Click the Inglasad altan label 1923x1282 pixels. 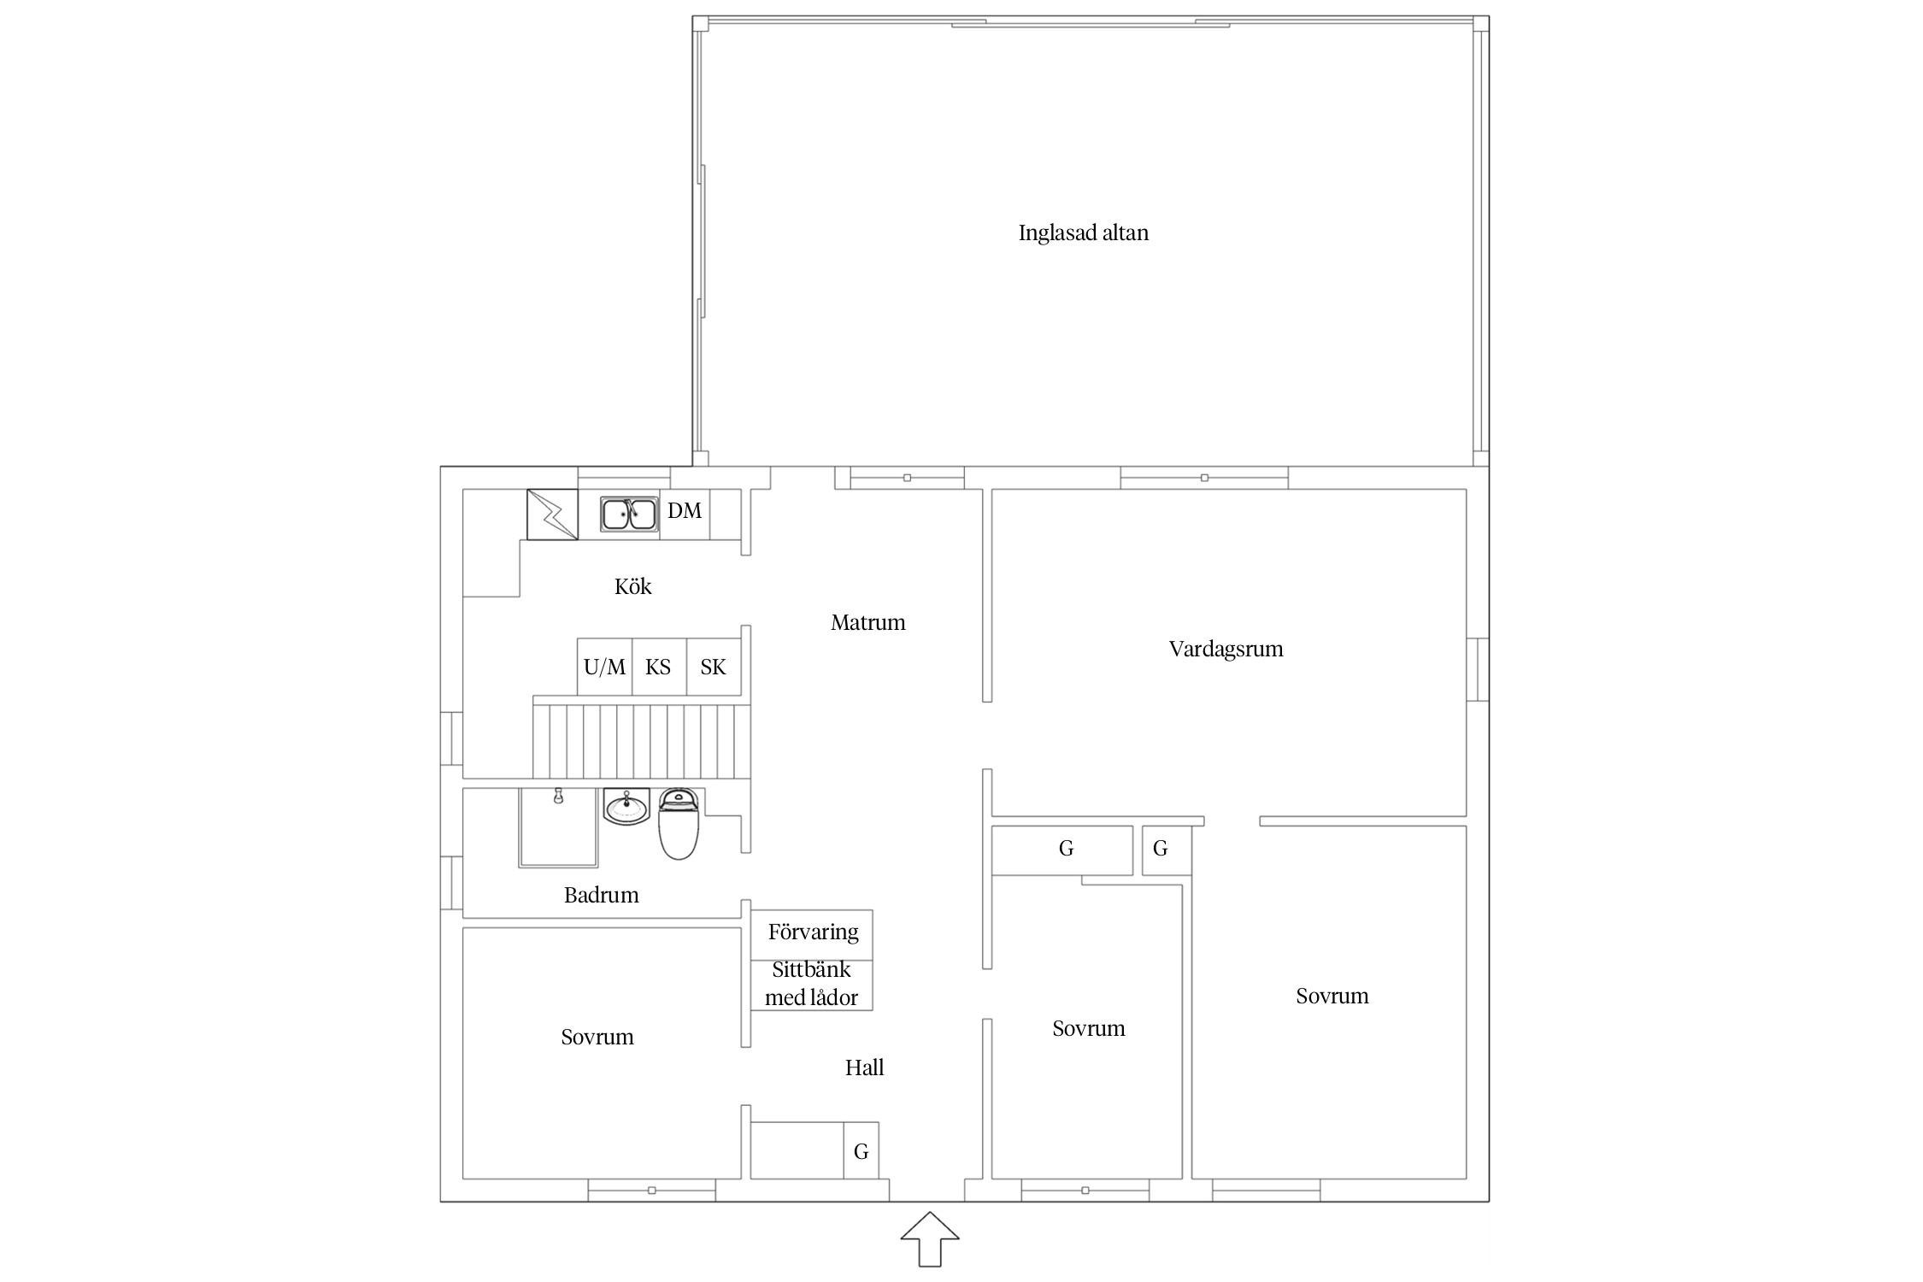click(x=1083, y=233)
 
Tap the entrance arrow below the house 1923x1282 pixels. click(x=930, y=1238)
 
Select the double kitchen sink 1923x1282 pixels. click(x=629, y=515)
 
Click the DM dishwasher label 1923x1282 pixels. click(x=685, y=511)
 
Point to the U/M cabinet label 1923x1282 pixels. click(x=604, y=667)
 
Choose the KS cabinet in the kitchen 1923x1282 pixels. click(x=659, y=667)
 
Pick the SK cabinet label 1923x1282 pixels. click(x=713, y=667)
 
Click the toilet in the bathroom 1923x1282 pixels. click(x=679, y=824)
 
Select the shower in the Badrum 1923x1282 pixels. click(x=558, y=827)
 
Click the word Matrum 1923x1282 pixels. click(x=867, y=622)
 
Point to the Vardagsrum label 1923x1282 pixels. click(x=1226, y=649)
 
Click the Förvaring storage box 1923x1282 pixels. click(x=812, y=935)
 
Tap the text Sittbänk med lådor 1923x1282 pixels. click(x=811, y=984)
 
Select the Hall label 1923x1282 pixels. click(x=864, y=1067)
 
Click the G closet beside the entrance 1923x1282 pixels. click(x=861, y=1151)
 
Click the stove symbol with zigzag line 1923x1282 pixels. click(x=552, y=515)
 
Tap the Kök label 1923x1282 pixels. click(x=632, y=586)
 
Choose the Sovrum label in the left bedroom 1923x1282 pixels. click(x=597, y=1038)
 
